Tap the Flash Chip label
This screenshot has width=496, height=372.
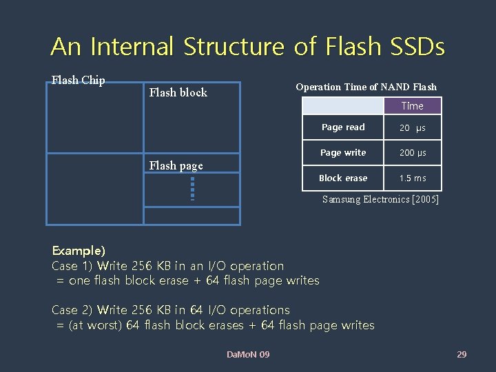tap(79, 80)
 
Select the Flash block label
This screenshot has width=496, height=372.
tap(178, 92)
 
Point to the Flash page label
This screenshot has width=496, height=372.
tap(176, 165)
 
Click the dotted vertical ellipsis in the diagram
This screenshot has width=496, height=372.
tap(193, 189)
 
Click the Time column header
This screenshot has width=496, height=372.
tap(412, 106)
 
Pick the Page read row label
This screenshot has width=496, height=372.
tap(343, 127)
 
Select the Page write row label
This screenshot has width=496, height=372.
tap(343, 153)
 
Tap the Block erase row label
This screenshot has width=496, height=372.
tap(343, 178)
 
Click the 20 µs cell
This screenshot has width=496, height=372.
tap(413, 127)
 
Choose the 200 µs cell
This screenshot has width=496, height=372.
tap(413, 153)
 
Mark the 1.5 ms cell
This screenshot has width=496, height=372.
tap(413, 178)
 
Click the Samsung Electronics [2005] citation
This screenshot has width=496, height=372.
tap(380, 200)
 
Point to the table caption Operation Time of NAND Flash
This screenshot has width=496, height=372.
tap(366, 87)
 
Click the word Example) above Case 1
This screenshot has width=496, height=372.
tap(79, 251)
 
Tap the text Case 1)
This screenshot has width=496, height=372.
tap(72, 266)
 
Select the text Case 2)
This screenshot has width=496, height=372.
tap(72, 310)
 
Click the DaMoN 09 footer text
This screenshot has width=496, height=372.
tap(248, 354)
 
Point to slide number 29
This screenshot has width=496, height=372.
tap(462, 354)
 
